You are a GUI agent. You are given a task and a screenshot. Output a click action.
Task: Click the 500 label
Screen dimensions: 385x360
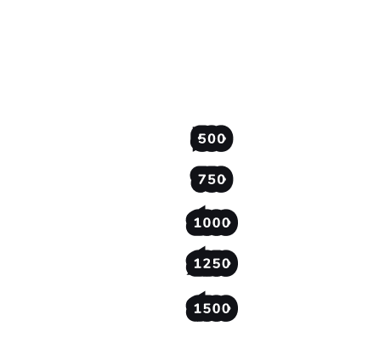click(x=212, y=138)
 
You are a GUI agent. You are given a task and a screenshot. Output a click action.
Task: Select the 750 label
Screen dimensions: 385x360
click(x=212, y=179)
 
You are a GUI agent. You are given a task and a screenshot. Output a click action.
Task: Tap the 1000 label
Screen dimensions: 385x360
click(x=212, y=222)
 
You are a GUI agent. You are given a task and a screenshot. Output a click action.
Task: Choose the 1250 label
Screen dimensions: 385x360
click(x=212, y=263)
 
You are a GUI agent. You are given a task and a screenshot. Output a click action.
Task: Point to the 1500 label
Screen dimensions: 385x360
click(x=212, y=308)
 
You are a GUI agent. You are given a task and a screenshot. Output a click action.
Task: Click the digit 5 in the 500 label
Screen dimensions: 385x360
click(x=202, y=138)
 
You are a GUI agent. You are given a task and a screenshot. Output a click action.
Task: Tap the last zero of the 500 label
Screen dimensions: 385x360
click(x=222, y=138)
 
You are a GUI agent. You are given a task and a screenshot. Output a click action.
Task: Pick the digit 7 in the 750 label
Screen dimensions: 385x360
click(x=202, y=179)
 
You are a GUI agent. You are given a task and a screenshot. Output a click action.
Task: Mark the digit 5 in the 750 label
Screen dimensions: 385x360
click(x=212, y=179)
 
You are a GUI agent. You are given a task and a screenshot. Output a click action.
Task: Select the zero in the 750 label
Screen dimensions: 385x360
click(x=222, y=179)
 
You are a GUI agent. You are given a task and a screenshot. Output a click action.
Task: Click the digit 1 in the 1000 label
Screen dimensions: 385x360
click(x=197, y=222)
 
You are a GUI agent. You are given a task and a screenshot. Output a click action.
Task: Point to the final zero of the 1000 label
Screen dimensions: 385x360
click(x=226, y=222)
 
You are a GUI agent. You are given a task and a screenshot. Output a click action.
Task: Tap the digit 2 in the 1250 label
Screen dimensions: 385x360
click(x=207, y=263)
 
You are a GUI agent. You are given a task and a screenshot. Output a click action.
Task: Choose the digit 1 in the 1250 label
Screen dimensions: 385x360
click(x=197, y=263)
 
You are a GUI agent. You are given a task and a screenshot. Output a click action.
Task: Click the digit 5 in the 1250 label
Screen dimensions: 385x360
click(x=217, y=263)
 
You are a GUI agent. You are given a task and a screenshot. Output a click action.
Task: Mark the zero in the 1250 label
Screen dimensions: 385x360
click(x=226, y=263)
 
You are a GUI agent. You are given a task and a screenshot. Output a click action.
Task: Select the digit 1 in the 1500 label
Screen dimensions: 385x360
click(x=197, y=308)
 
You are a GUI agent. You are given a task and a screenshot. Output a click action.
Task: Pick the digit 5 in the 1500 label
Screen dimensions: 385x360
click(x=207, y=308)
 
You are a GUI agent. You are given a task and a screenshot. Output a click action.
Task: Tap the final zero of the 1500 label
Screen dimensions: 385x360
click(x=226, y=308)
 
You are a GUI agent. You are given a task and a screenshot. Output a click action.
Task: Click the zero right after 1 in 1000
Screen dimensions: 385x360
click(x=207, y=222)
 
